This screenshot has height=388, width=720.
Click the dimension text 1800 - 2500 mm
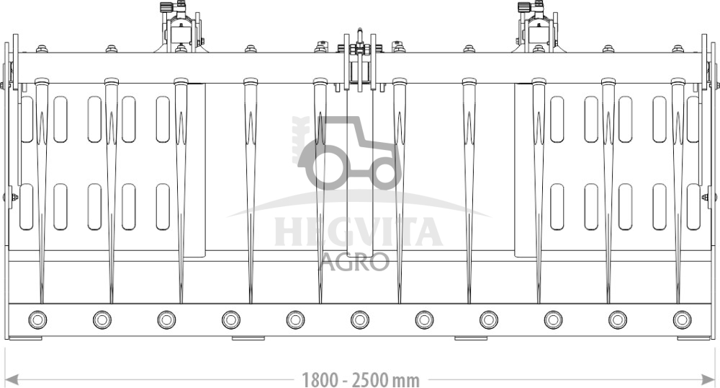pos(361,380)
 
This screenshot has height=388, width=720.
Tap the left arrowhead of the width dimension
pos(11,380)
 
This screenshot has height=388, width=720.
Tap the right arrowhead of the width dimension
pos(709,380)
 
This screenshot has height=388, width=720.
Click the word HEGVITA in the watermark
pos(359,232)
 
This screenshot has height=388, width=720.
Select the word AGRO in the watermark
pos(355,262)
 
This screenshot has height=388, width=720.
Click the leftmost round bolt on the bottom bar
pos(37,319)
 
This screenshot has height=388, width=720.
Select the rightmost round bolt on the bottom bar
pos(682,319)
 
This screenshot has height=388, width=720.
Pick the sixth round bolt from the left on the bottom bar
pos(359,319)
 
